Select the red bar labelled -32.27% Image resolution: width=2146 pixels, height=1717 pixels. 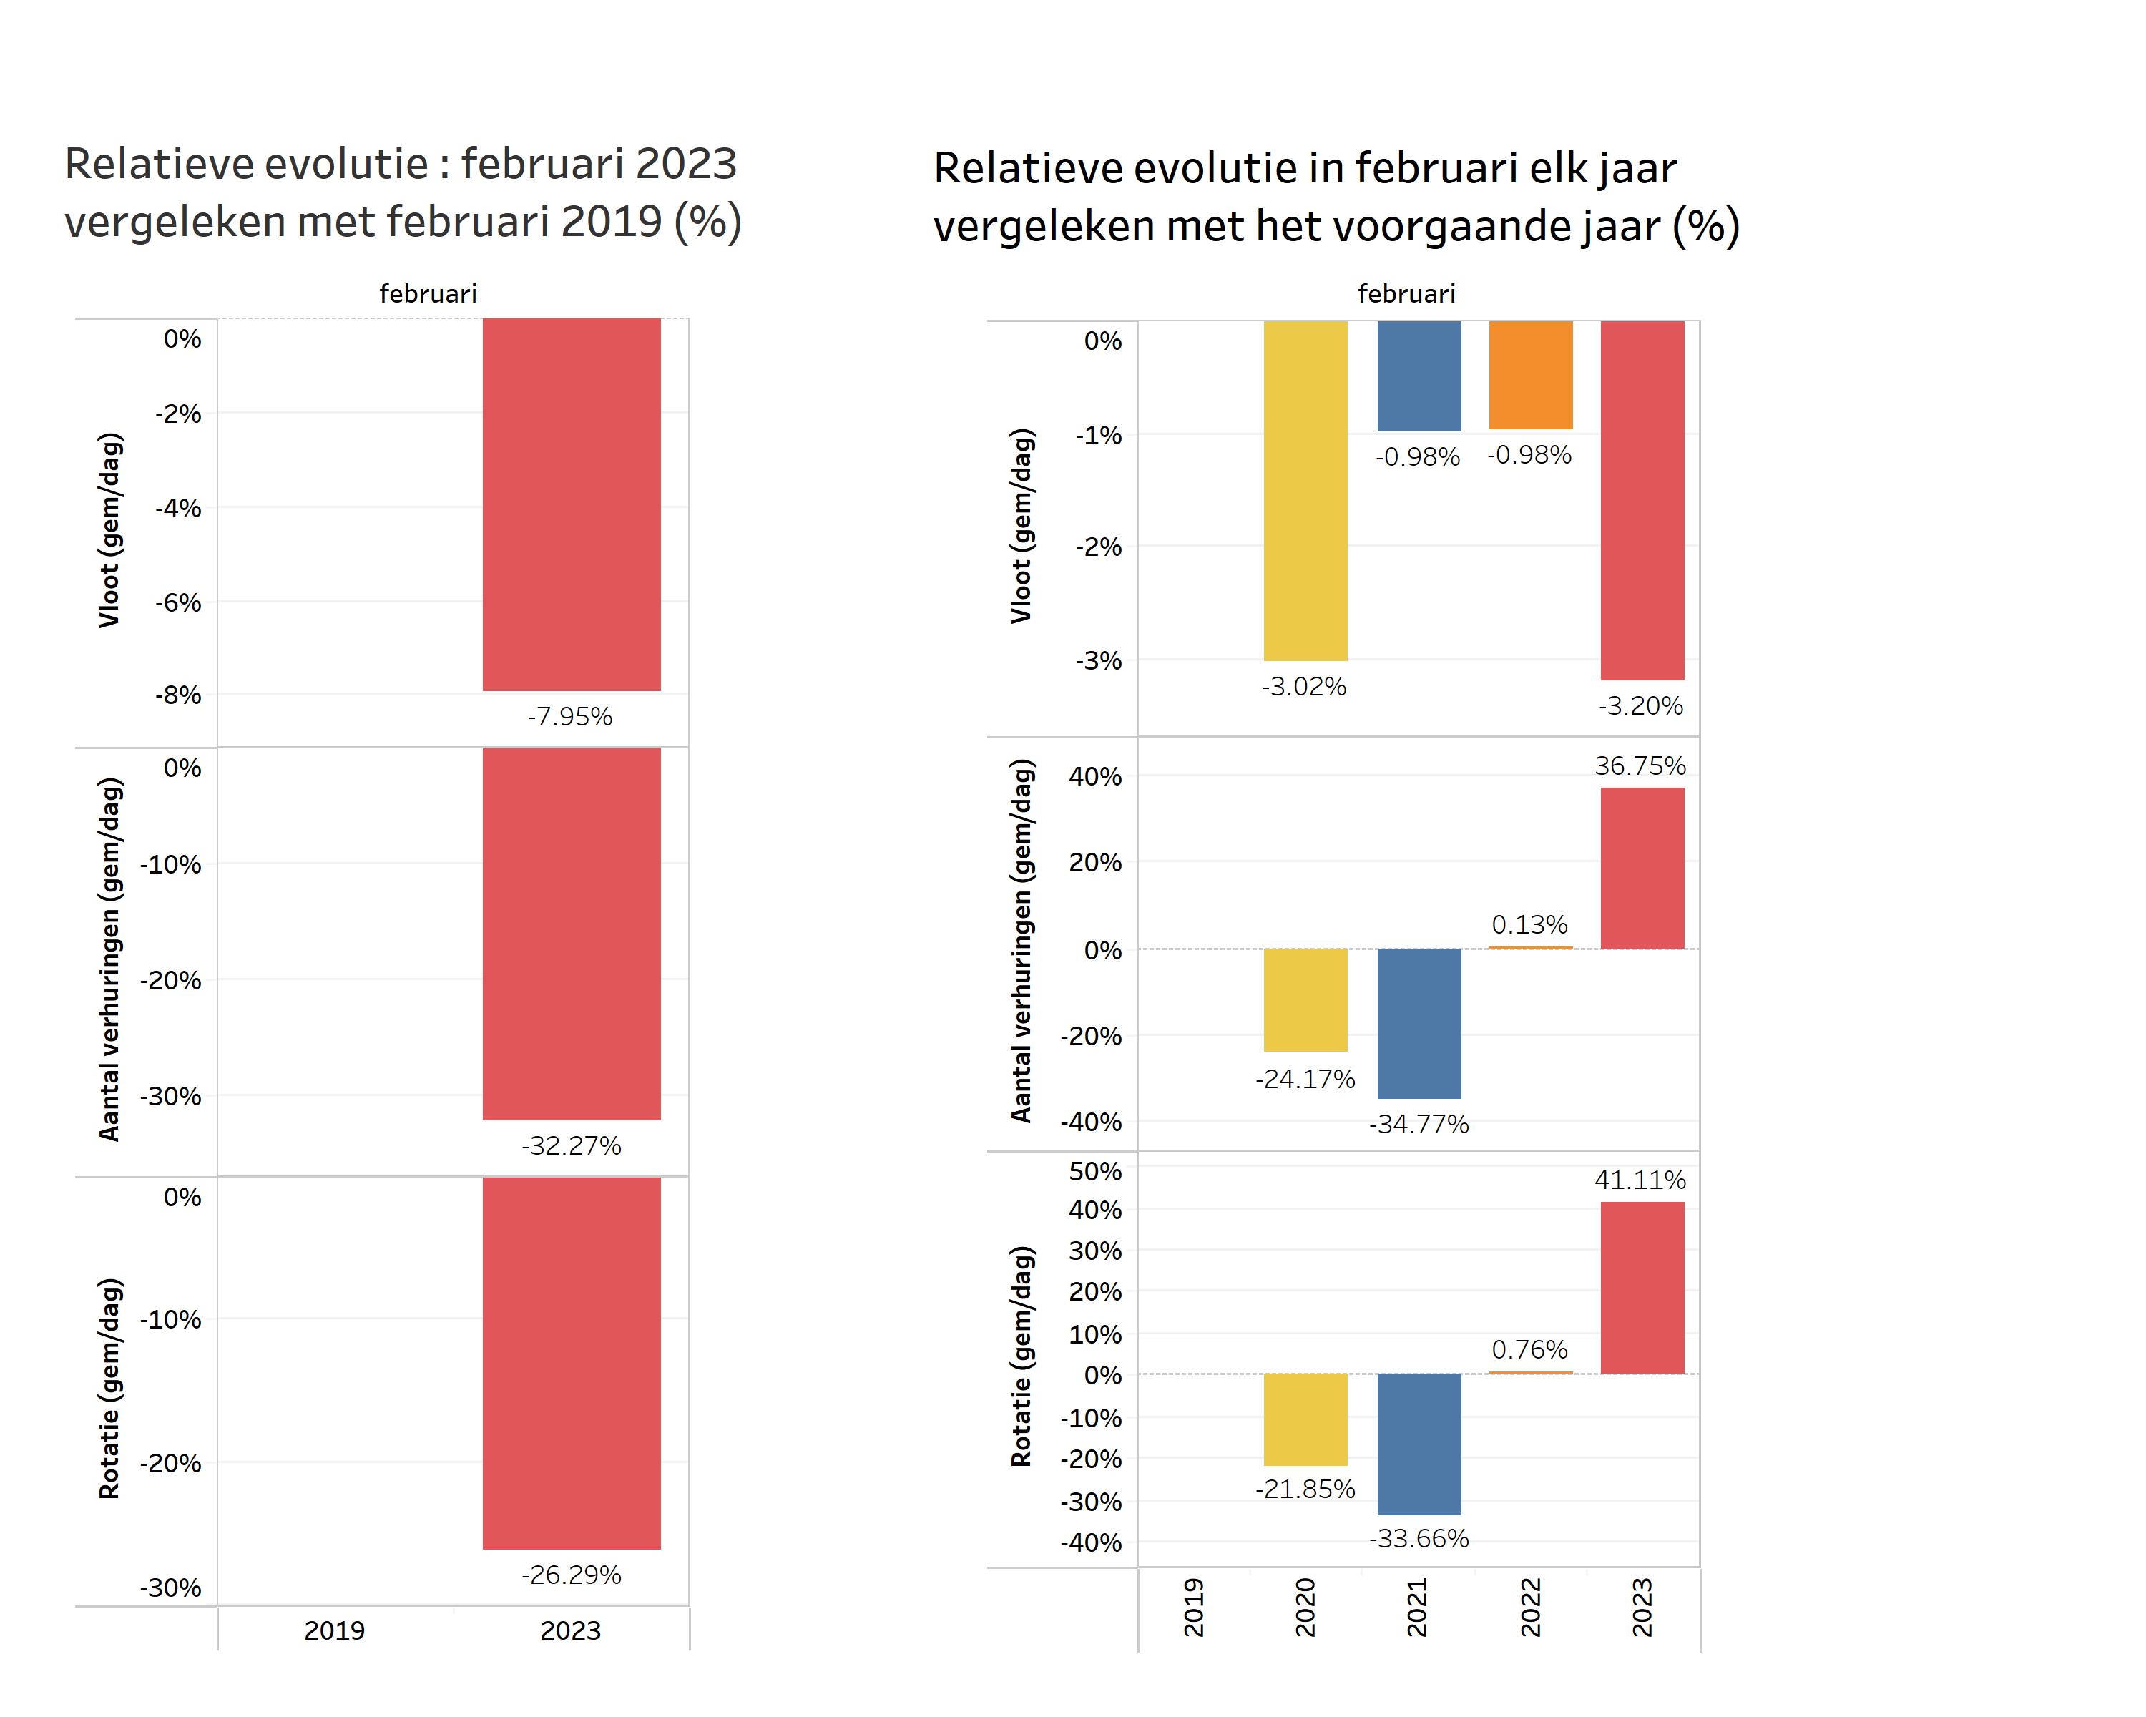(572, 934)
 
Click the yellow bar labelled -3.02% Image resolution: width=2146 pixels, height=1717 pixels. (1305, 490)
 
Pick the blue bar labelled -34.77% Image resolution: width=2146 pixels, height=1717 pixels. (1419, 1022)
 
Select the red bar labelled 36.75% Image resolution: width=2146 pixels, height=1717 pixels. (1642, 867)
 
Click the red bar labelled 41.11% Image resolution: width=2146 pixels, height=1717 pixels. (1642, 1287)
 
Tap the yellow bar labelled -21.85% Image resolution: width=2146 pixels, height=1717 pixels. (1305, 1419)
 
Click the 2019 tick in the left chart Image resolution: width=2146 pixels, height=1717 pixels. (335, 1630)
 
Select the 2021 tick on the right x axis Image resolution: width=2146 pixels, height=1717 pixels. (1417, 1607)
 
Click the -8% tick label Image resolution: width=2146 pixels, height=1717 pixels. (178, 695)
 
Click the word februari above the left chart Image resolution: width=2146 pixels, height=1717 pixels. (428, 293)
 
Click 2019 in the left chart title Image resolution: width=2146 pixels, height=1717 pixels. (611, 221)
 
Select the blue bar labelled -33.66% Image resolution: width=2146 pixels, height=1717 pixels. (1419, 1443)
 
